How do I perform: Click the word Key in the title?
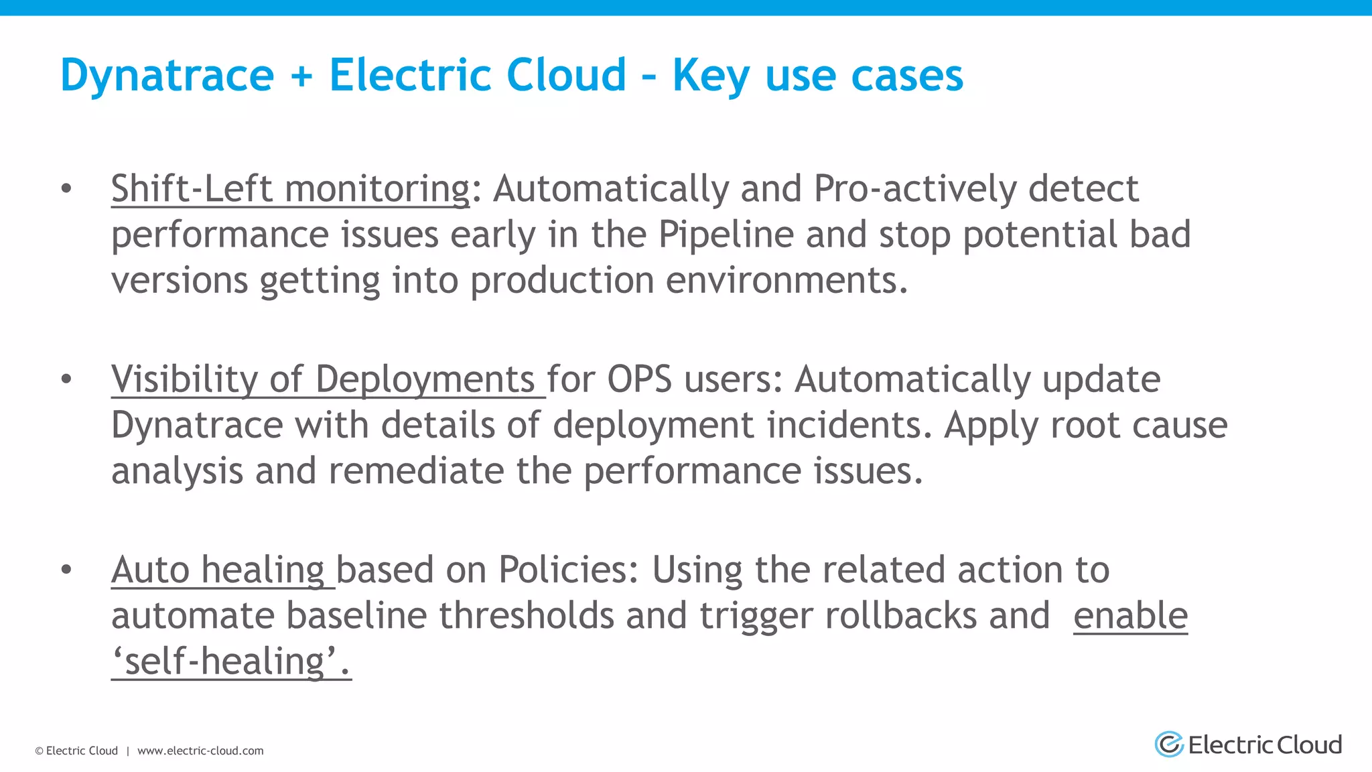point(711,75)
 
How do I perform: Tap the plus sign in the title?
point(301,75)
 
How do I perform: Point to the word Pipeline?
point(726,235)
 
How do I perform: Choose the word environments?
point(786,280)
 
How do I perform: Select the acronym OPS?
point(639,379)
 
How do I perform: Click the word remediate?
point(416,470)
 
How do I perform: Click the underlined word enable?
point(1130,616)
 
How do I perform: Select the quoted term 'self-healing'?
point(231,661)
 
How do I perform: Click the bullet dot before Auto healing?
point(66,570)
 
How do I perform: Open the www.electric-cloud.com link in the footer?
point(200,751)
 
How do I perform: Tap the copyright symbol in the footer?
point(40,751)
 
